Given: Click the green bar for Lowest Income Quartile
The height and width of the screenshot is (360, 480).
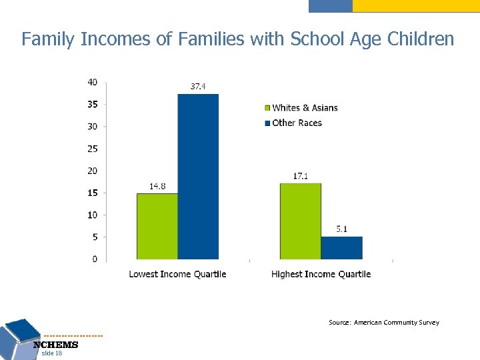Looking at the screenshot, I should [157, 226].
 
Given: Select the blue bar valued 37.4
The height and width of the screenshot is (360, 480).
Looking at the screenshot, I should [198, 177].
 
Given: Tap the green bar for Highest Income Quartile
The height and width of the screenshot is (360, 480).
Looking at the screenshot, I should [300, 221].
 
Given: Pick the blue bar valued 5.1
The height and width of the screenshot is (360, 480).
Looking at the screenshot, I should [341, 247].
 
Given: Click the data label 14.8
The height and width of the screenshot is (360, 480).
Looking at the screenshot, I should [157, 187].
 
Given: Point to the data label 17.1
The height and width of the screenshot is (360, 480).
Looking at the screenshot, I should [301, 176].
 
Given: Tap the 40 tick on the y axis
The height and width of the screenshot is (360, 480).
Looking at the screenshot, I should [92, 82].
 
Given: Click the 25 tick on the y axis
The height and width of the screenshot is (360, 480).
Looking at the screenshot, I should [92, 149].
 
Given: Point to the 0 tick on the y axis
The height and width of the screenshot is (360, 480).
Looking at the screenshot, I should [95, 259].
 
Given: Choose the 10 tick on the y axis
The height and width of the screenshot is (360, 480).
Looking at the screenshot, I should [92, 215].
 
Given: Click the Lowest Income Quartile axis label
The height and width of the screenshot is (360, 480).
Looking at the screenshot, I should [177, 274].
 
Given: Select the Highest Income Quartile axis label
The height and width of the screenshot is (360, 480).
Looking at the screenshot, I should [321, 274].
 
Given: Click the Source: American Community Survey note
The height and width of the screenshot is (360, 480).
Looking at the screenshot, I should [383, 323].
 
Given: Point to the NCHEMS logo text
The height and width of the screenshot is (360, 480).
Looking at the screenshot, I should [56, 345].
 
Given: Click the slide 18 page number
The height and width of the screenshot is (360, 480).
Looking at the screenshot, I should [51, 353].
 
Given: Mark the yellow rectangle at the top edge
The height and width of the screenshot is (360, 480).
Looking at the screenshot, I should [415, 5].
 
